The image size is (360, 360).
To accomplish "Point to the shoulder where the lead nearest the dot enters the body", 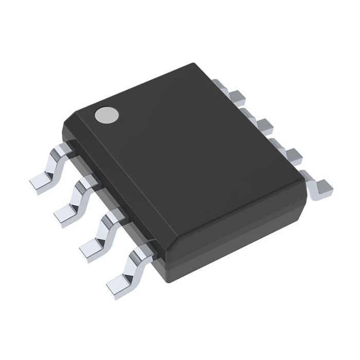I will click(x=64, y=149).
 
